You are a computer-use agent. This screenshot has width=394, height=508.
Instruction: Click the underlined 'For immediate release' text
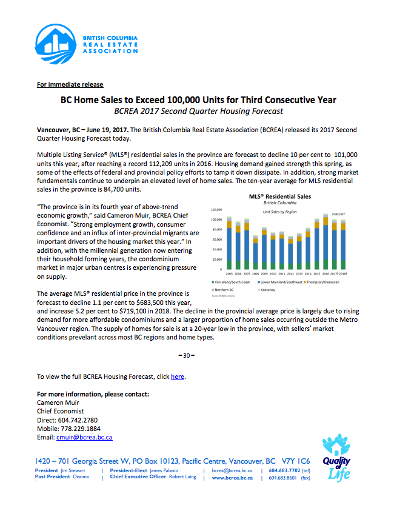click(x=70, y=84)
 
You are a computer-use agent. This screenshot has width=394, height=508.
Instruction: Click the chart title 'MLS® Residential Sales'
click(x=279, y=196)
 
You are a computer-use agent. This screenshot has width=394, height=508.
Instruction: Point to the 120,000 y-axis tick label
click(x=216, y=210)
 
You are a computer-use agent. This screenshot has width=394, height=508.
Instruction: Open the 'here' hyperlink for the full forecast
click(x=177, y=376)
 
